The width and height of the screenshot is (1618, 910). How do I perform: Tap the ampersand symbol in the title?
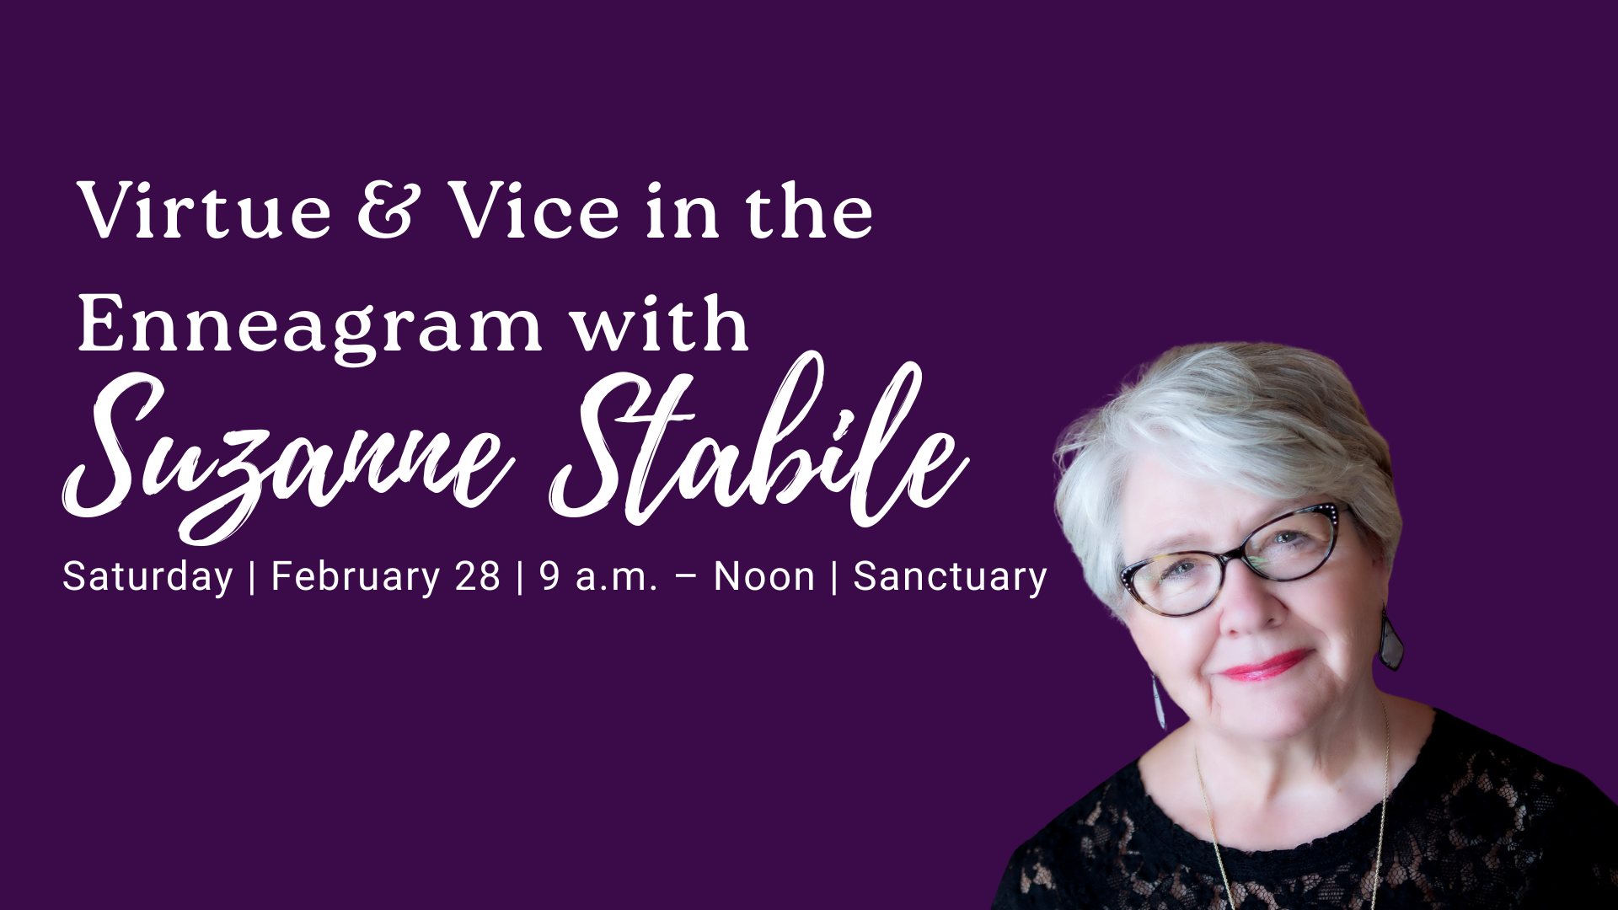point(386,211)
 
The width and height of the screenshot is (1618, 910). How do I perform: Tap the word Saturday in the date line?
point(147,577)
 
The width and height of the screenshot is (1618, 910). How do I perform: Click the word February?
point(355,577)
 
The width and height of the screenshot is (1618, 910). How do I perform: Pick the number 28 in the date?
point(477,576)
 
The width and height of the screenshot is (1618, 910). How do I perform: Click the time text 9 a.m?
point(597,576)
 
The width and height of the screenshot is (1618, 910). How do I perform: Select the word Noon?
point(764,576)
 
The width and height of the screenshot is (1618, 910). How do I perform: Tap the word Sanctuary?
point(950,577)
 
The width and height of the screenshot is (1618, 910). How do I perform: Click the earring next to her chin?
point(1160,699)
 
